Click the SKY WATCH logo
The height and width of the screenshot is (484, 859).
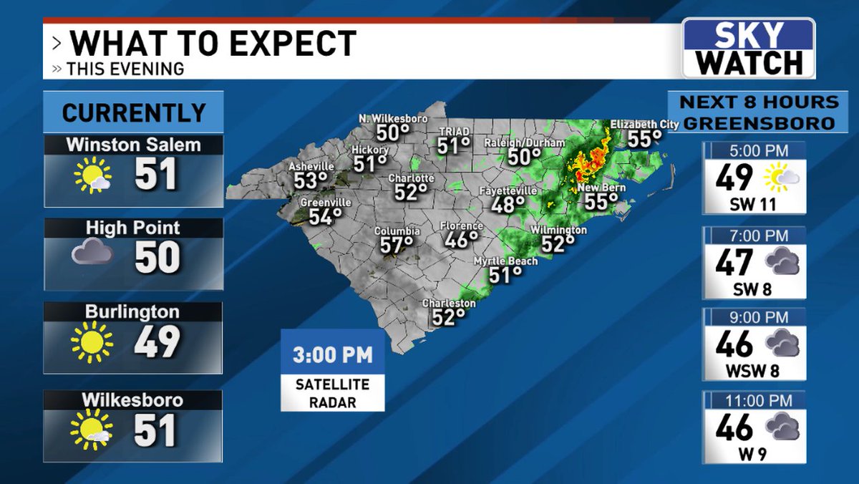[748, 48]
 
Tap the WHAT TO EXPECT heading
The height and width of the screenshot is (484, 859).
[213, 44]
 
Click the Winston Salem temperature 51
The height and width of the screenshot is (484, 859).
[155, 175]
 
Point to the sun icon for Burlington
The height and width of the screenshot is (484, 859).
[92, 342]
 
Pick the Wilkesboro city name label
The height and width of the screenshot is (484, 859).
[134, 400]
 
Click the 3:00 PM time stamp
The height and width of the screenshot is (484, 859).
[332, 355]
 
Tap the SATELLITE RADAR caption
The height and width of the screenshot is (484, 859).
[332, 392]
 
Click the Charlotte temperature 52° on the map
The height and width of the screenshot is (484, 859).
[409, 192]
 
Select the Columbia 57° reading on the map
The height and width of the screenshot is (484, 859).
[396, 245]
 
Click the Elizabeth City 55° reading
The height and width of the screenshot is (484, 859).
[644, 138]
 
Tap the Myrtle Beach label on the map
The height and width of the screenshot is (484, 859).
[505, 261]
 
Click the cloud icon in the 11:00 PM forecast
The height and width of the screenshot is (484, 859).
[782, 427]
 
